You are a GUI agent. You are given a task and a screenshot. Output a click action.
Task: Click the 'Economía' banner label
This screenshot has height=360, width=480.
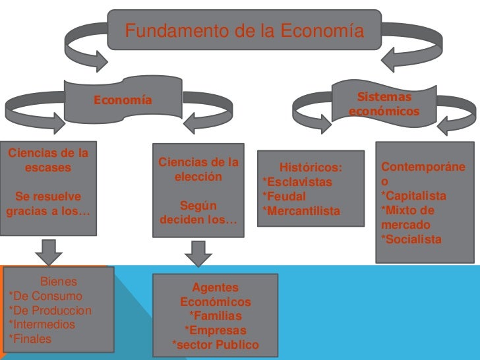point(123,101)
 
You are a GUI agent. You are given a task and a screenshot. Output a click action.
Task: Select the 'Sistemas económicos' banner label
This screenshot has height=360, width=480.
point(384,105)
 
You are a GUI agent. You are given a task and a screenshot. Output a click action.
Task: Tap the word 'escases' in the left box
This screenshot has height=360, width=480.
point(48,167)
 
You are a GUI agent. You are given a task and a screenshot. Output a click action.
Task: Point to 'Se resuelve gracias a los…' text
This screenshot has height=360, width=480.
point(48,204)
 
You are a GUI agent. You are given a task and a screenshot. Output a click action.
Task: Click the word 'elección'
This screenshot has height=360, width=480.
point(198,177)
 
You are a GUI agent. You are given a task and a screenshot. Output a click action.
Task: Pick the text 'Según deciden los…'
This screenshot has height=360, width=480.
point(198,212)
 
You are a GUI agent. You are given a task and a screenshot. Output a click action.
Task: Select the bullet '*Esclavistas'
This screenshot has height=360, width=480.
point(297,182)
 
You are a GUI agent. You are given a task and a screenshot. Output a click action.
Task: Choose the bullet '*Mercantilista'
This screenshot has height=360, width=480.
point(301,211)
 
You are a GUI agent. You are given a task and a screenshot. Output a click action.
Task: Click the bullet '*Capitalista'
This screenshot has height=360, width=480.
point(413,196)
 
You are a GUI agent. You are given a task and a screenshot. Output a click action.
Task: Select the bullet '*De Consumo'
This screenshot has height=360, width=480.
point(45,296)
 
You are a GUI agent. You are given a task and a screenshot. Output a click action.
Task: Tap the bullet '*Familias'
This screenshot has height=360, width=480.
point(215,316)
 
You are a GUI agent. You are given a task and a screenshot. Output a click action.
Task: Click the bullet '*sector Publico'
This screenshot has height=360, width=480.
point(215,345)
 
